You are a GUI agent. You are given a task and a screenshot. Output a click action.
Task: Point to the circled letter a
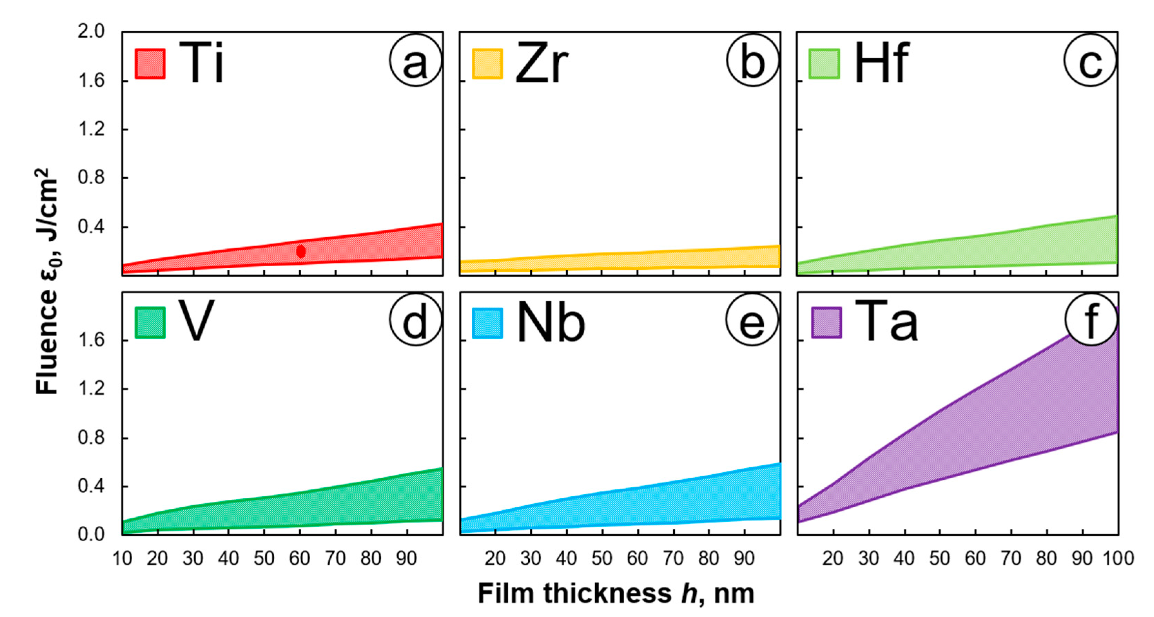pos(415,60)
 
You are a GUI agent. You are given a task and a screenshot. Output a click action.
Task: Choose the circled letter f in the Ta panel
pos(1091,320)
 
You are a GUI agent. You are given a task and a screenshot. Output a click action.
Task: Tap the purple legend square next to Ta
pos(827,322)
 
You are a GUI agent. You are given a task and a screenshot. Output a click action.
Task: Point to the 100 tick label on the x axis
pos(1118,559)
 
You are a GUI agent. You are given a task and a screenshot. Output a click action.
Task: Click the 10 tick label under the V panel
pos(122,559)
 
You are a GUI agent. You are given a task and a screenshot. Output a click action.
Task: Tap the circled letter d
pos(415,320)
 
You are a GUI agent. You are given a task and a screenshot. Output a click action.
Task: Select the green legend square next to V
pos(150,322)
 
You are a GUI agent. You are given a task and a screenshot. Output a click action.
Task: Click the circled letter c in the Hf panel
pos(1090,60)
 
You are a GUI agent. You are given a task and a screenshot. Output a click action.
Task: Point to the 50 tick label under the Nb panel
pos(601,559)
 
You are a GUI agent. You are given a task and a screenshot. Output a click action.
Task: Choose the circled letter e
pos(752,320)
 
